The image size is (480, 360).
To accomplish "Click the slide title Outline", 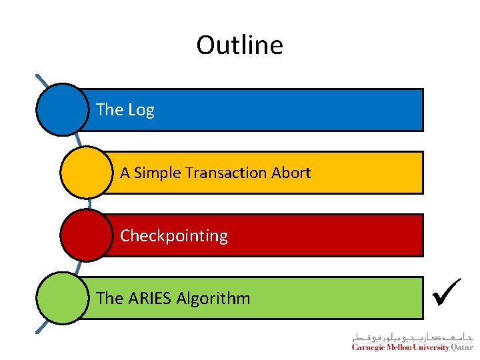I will (x=239, y=45).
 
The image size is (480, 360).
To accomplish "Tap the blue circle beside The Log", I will (x=61, y=109).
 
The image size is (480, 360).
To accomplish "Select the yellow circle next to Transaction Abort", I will (x=85, y=173).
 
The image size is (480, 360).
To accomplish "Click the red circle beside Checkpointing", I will (x=85, y=235).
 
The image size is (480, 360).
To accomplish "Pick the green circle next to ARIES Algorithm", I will (x=61, y=298).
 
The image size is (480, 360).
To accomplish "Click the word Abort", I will (x=291, y=173).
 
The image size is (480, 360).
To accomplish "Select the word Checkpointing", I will (x=173, y=236).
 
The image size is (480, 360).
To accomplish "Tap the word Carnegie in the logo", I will (x=371, y=347).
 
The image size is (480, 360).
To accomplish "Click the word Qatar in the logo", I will (x=461, y=347).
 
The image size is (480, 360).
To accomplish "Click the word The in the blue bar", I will (x=110, y=110).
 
